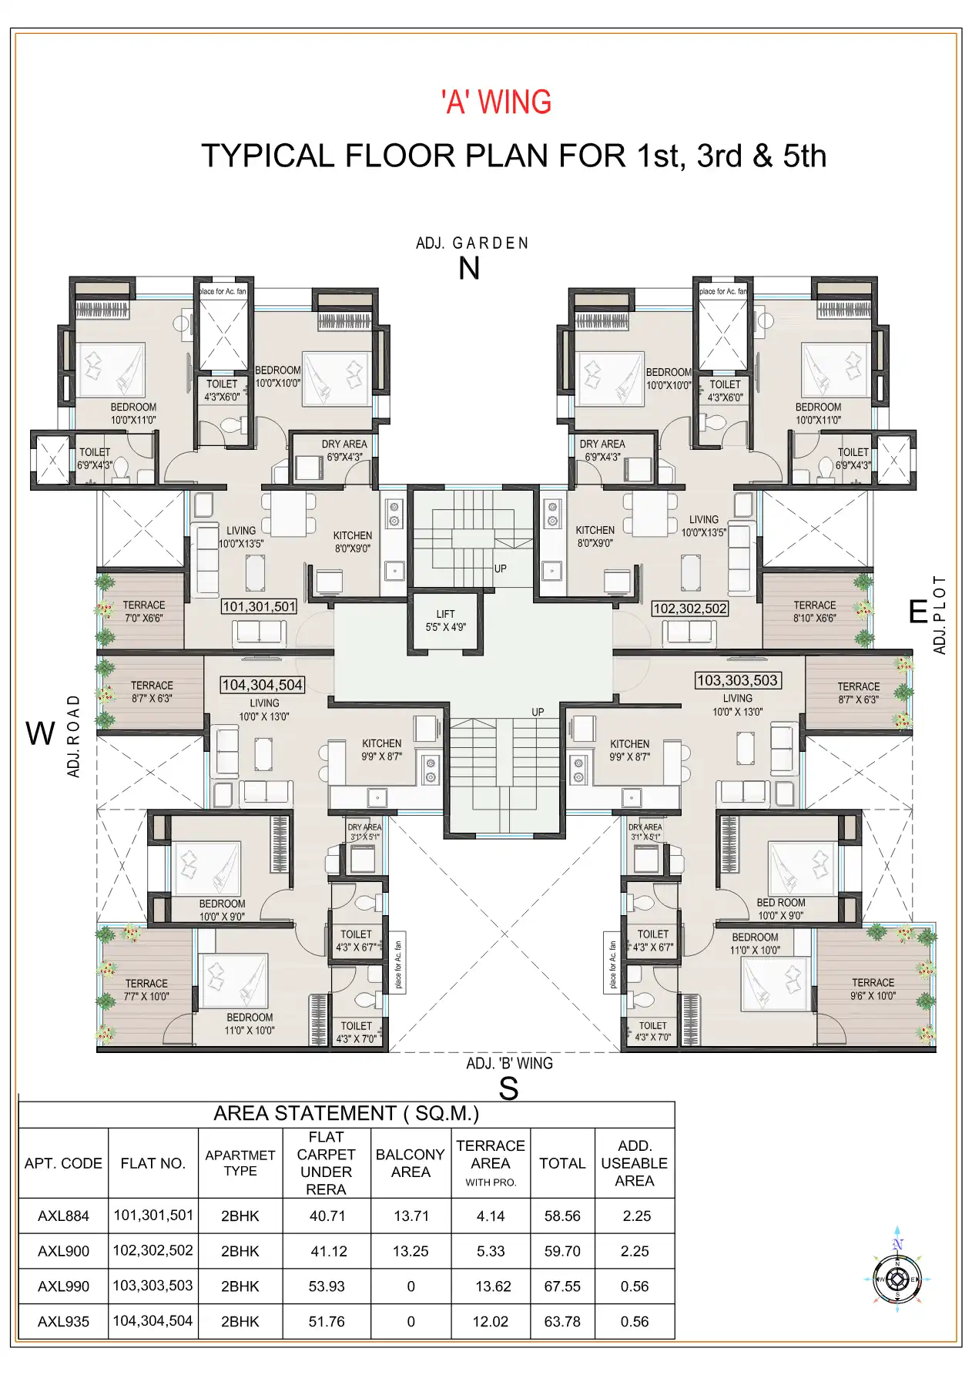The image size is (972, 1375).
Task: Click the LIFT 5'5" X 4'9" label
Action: click(x=445, y=621)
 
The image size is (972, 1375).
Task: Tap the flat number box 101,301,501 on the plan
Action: click(x=259, y=607)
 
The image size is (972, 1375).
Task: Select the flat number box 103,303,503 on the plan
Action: click(x=737, y=680)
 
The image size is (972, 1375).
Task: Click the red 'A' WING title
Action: click(x=496, y=102)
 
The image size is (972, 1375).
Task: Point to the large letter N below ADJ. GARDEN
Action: click(x=469, y=269)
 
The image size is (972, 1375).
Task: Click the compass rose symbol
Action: click(x=897, y=1279)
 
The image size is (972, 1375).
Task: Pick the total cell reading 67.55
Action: click(x=562, y=1286)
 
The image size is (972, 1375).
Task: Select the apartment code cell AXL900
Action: click(x=63, y=1252)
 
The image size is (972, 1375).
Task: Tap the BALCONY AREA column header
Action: click(x=411, y=1163)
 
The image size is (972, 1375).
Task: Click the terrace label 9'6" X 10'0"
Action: click(x=873, y=989)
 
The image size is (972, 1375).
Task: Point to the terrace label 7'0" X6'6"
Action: click(x=144, y=612)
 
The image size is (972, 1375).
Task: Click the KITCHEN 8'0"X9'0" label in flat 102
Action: click(x=595, y=536)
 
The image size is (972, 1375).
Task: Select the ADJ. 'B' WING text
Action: click(x=509, y=1063)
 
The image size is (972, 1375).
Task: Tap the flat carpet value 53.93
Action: click(x=327, y=1286)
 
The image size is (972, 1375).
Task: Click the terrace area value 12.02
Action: click(x=491, y=1322)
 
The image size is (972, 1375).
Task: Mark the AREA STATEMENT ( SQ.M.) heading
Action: click(x=346, y=1114)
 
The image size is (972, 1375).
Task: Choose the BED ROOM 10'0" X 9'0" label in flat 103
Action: click(x=780, y=909)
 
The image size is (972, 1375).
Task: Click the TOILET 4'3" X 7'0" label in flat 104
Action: click(x=356, y=1032)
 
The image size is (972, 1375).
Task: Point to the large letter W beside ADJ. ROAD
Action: click(x=40, y=733)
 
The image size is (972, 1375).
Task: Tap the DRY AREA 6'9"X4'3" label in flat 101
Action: click(x=344, y=451)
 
